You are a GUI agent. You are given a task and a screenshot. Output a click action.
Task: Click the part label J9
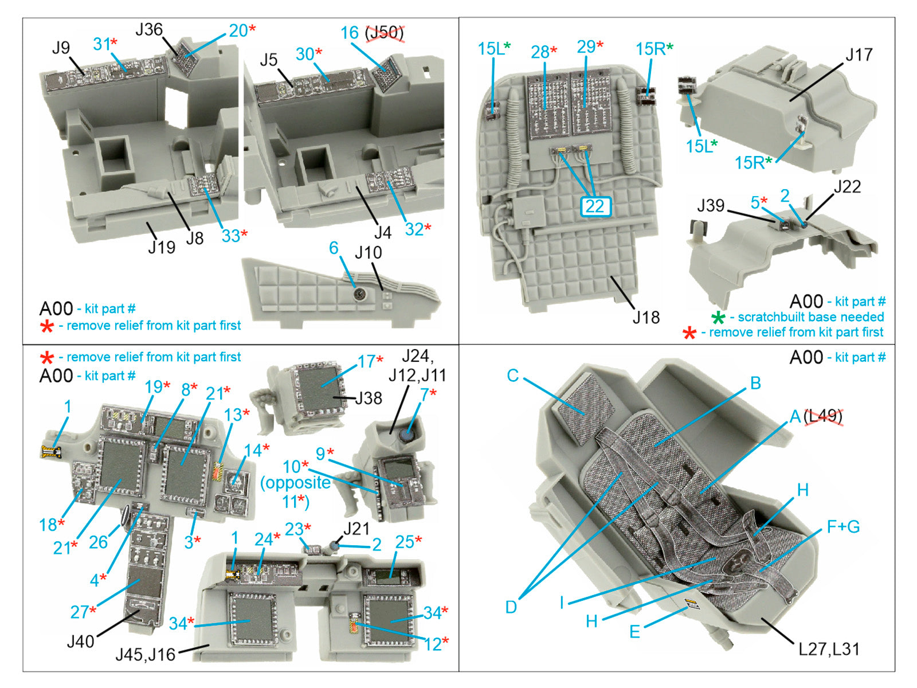click(x=61, y=48)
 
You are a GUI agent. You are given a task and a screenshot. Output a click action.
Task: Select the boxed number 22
click(x=595, y=206)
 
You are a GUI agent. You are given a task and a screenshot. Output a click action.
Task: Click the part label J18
click(x=646, y=317)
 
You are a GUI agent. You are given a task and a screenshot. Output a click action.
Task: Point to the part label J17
click(x=859, y=55)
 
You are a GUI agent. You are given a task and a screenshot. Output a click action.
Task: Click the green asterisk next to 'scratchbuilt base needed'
click(x=718, y=318)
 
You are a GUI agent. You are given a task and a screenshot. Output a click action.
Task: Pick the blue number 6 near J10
click(x=334, y=248)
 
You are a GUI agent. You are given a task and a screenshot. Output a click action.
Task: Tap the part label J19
click(x=161, y=247)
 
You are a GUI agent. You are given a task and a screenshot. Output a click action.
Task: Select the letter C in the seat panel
click(x=512, y=376)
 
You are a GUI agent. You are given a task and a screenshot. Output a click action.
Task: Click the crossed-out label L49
click(x=823, y=416)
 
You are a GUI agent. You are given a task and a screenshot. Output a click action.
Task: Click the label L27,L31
click(x=829, y=649)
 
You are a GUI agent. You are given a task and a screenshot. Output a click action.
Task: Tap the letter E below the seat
click(x=634, y=631)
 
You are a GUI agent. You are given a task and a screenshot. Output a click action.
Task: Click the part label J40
click(x=81, y=641)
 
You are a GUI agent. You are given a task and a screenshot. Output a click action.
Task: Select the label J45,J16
click(x=146, y=654)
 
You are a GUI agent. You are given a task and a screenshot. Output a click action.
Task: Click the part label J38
click(x=369, y=398)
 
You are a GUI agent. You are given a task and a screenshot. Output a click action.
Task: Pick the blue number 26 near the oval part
click(x=98, y=542)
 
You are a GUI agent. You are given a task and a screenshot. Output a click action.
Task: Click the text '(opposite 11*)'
click(x=296, y=492)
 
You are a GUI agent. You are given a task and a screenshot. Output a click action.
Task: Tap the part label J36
click(x=149, y=30)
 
